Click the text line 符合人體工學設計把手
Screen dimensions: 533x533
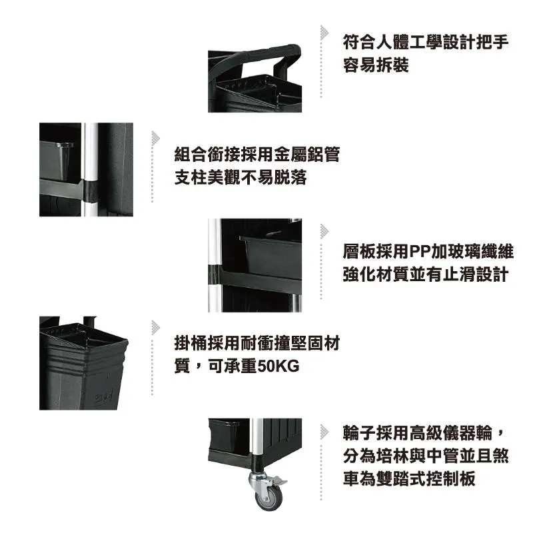(x=426, y=42)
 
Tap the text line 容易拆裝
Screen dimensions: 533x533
(x=376, y=65)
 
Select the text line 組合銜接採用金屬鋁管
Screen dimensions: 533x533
(x=257, y=155)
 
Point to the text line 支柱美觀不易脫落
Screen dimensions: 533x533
(x=241, y=177)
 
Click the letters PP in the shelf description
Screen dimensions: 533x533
(x=420, y=252)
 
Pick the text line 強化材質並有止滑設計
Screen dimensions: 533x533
(x=426, y=274)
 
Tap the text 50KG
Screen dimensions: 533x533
(x=278, y=366)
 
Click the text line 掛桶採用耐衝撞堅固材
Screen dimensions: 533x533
(x=257, y=343)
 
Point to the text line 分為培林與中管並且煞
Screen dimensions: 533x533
(x=426, y=456)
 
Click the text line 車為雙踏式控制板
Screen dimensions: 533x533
(x=409, y=478)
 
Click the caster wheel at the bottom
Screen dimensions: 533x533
(x=268, y=497)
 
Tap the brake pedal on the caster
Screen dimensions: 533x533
(x=279, y=480)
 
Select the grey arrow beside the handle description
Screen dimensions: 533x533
(x=324, y=33)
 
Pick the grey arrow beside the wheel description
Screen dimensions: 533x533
(x=324, y=432)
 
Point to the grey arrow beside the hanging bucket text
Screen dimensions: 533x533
(x=156, y=328)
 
